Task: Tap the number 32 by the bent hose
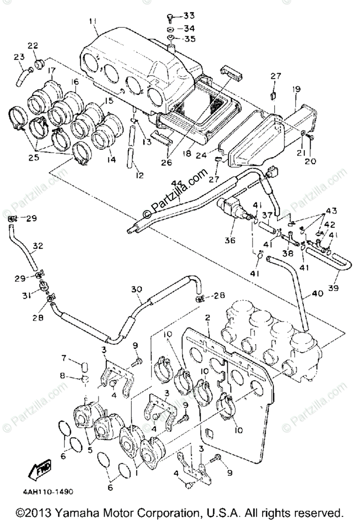coord(38,246)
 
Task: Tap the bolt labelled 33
coord(170,17)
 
